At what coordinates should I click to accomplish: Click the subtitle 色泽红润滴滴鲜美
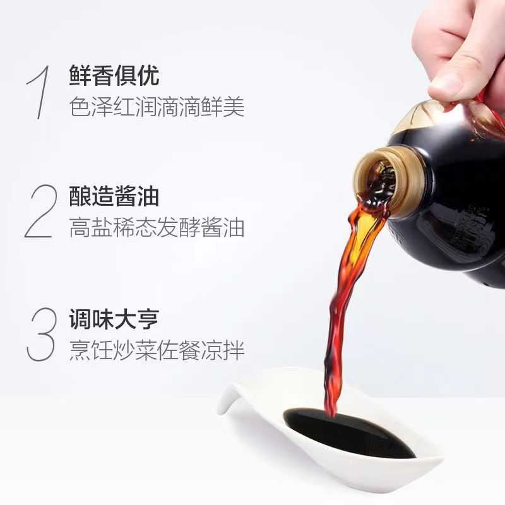(157, 107)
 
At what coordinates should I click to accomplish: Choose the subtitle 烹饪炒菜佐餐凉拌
(157, 349)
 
